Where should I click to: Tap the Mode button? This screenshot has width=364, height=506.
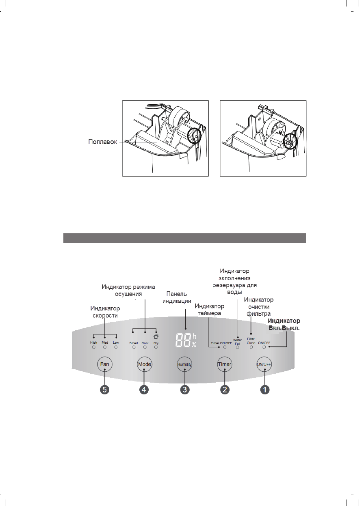coord(145,364)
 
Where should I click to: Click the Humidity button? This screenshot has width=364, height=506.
coord(184,364)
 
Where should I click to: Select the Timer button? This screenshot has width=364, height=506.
coord(224,364)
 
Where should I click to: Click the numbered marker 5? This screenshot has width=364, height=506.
coord(105,390)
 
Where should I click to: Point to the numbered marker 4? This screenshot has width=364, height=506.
coord(145,390)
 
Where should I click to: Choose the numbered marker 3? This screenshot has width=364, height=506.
coord(184,390)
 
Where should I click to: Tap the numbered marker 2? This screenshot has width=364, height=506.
coord(224,390)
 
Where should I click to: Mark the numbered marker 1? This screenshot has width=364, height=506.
coord(264,390)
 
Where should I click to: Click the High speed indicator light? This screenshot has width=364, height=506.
coord(93,348)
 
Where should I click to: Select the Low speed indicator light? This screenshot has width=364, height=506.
coord(116,348)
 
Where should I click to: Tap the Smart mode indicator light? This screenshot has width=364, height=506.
coord(134,348)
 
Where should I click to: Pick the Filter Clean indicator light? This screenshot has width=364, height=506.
coord(251,347)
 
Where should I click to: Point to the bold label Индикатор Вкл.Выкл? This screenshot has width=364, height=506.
coord(284,325)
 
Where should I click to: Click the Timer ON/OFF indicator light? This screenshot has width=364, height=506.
coord(225,348)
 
